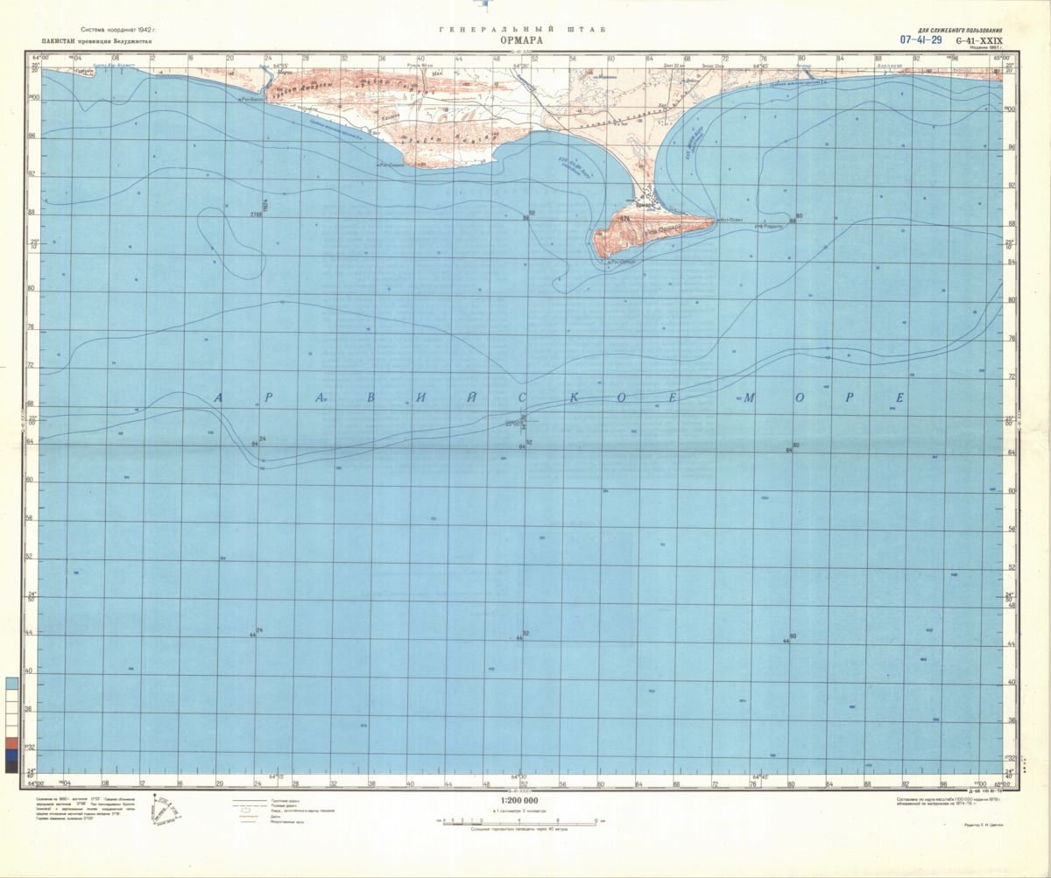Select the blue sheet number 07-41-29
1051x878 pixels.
click(x=921, y=40)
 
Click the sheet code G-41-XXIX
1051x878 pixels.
click(x=979, y=40)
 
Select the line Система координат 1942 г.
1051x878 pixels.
click(x=123, y=30)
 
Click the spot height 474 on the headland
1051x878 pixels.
click(x=624, y=217)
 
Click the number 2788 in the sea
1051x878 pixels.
click(x=256, y=214)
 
